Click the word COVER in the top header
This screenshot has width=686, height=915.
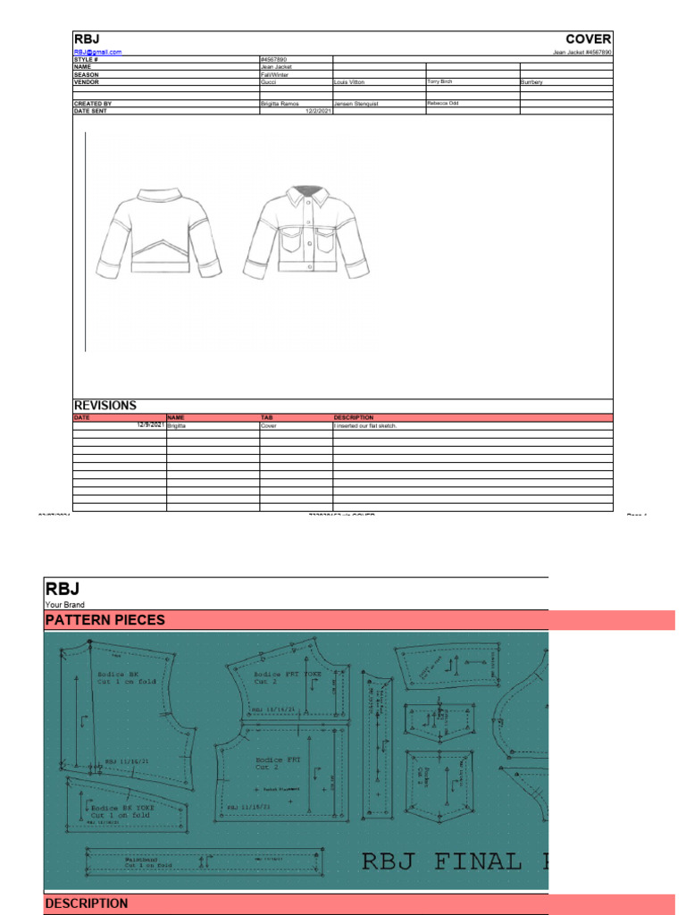(x=589, y=39)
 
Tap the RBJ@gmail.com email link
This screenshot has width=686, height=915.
(x=97, y=53)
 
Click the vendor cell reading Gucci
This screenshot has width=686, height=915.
(x=269, y=81)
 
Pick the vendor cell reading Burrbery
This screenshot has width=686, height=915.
(x=531, y=81)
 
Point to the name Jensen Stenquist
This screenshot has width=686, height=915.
(x=356, y=104)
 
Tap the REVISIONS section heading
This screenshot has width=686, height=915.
(x=105, y=406)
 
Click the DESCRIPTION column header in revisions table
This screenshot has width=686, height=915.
(x=354, y=417)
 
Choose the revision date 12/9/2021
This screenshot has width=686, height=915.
(x=150, y=425)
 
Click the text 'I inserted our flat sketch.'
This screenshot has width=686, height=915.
(x=364, y=426)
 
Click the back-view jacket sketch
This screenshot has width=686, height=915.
(x=159, y=231)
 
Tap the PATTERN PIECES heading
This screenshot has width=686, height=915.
(x=105, y=620)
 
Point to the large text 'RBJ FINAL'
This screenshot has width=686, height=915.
(x=442, y=861)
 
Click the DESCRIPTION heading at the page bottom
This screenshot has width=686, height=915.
(x=87, y=903)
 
